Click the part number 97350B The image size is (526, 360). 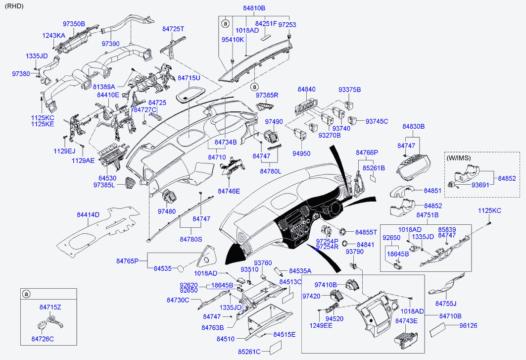pos(74,24)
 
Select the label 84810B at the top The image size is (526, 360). pos(254,8)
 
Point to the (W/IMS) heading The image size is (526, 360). pos(459,158)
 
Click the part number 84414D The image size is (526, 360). pos(88,214)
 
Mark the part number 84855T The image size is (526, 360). pos(366,232)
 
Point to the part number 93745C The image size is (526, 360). pos(377,121)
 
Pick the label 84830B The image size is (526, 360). pos(414,126)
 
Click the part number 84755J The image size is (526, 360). pos(446,303)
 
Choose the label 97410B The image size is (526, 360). pos(326,285)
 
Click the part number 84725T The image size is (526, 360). pos(173,29)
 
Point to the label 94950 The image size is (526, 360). pos(301,153)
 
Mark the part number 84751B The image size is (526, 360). pos(428,215)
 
